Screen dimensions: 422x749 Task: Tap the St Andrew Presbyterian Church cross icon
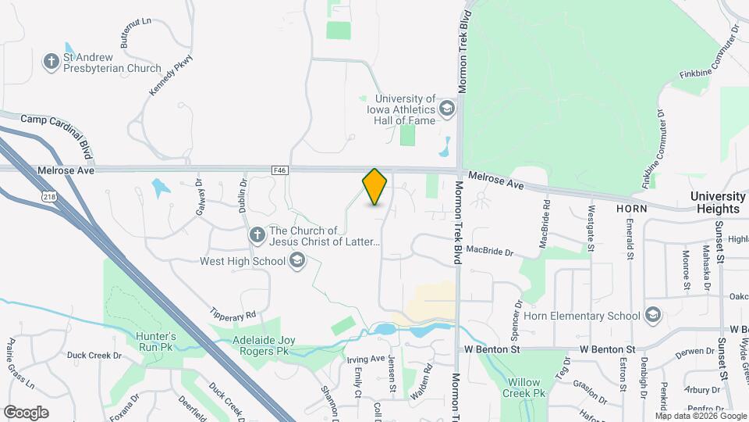click(x=52, y=63)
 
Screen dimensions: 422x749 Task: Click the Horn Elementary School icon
click(x=653, y=316)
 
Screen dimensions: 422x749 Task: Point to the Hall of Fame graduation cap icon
click(x=446, y=109)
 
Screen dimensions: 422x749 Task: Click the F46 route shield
click(x=280, y=169)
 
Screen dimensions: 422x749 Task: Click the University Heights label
click(x=718, y=202)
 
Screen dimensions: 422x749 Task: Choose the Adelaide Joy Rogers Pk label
click(x=255, y=346)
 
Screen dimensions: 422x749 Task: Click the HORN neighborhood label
click(x=632, y=209)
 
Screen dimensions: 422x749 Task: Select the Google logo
click(x=26, y=412)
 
